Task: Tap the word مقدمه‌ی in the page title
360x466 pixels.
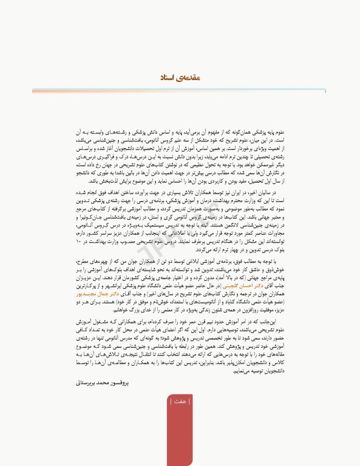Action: tap(187, 78)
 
